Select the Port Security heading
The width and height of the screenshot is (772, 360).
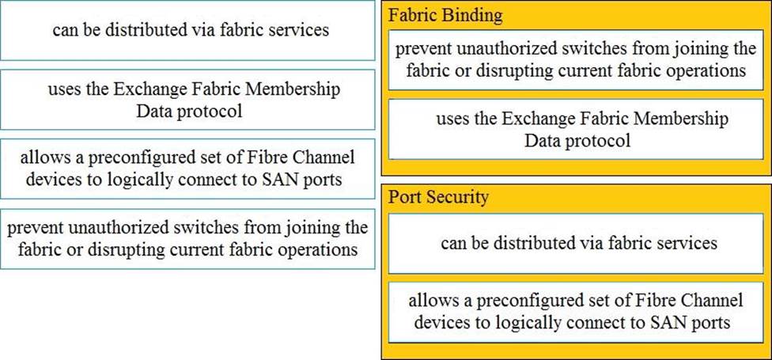pyautogui.click(x=437, y=198)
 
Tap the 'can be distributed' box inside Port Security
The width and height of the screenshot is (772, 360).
pyautogui.click(x=580, y=243)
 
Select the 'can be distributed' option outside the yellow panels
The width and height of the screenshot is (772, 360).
pyautogui.click(x=187, y=31)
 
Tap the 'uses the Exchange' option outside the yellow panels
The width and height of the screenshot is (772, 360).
pyautogui.click(x=187, y=100)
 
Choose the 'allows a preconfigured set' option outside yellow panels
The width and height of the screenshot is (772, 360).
pyautogui.click(x=187, y=169)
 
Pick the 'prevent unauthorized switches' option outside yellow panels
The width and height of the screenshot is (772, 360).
pyautogui.click(x=187, y=238)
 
